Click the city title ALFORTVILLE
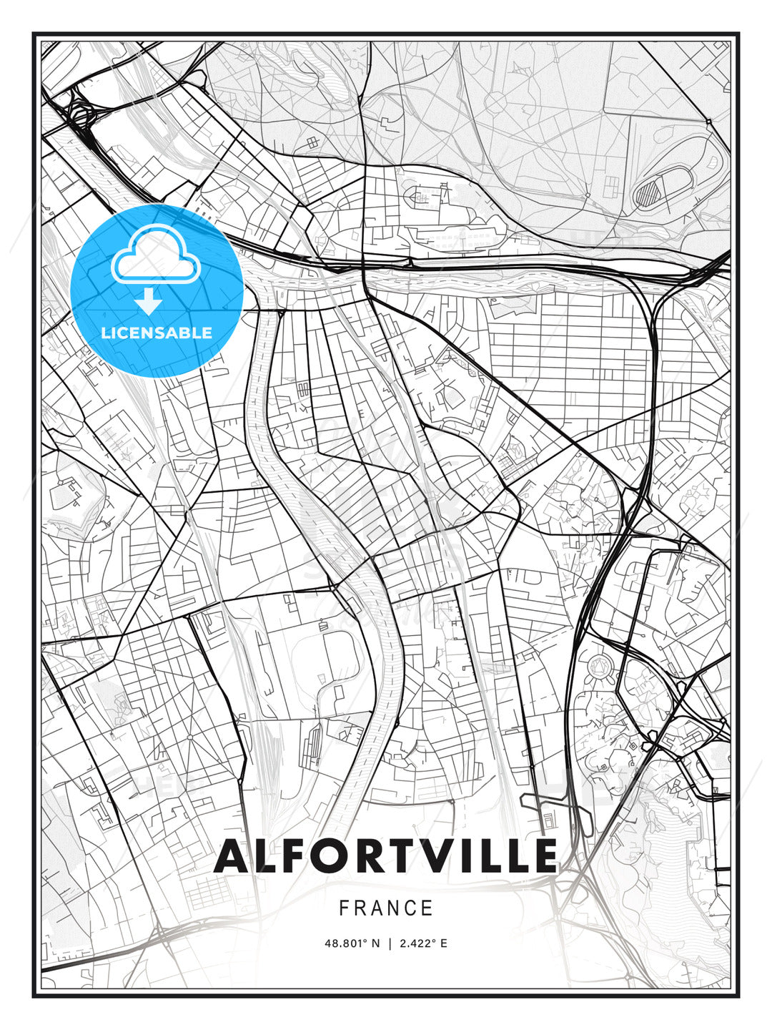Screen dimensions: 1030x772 pyautogui.click(x=386, y=856)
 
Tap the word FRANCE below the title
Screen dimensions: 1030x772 pyautogui.click(x=386, y=908)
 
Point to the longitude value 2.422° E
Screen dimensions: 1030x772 pyautogui.click(x=423, y=943)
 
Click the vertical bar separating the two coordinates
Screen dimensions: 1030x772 pyautogui.click(x=390, y=943)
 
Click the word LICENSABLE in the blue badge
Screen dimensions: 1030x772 pyautogui.click(x=157, y=333)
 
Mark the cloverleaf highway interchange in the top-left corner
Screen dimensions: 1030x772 pyautogui.click(x=79, y=115)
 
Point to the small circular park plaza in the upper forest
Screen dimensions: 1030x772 pyautogui.click(x=495, y=102)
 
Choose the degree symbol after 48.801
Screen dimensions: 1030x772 pyautogui.click(x=365, y=940)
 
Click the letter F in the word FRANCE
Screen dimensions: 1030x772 pyautogui.click(x=344, y=908)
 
